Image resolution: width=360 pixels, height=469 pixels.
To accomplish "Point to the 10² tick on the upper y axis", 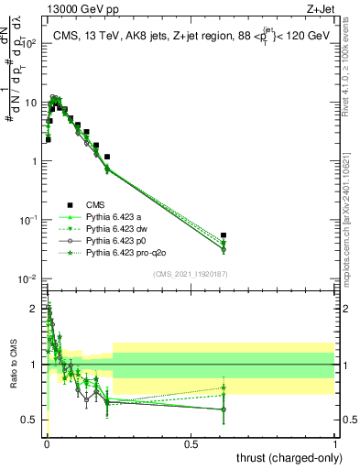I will coord(29,43).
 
